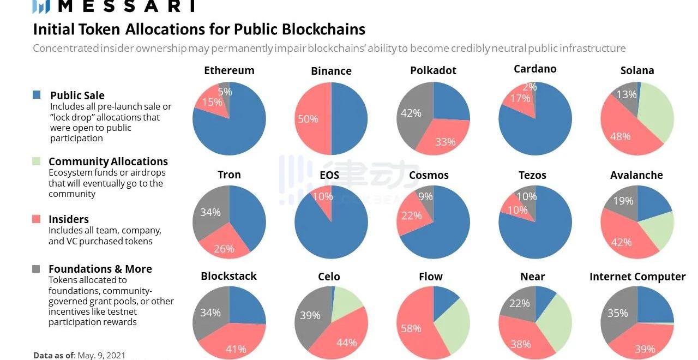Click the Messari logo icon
41,6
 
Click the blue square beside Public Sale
37,95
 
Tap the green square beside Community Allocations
37,161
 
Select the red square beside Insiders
37,219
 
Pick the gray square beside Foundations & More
37,268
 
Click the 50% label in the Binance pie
308,119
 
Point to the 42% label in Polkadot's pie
411,113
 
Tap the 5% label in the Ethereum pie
225,92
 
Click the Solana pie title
637,71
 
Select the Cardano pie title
535,69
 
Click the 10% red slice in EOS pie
323,196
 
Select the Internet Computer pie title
637,277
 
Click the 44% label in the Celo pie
347,343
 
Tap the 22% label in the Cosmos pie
411,215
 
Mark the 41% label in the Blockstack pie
236,349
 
